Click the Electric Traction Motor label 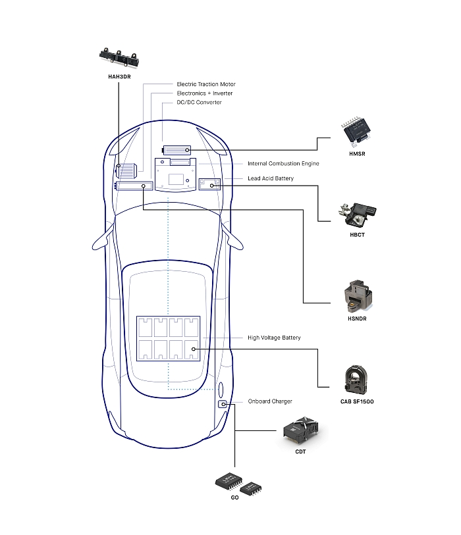pos(205,84)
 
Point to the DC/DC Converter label pos(199,102)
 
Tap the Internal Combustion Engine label pos(283,163)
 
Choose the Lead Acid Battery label pos(271,178)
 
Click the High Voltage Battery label pos(274,338)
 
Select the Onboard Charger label pos(270,401)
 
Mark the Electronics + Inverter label pos(204,93)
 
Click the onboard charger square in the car pos(224,403)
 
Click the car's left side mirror pos(103,238)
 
